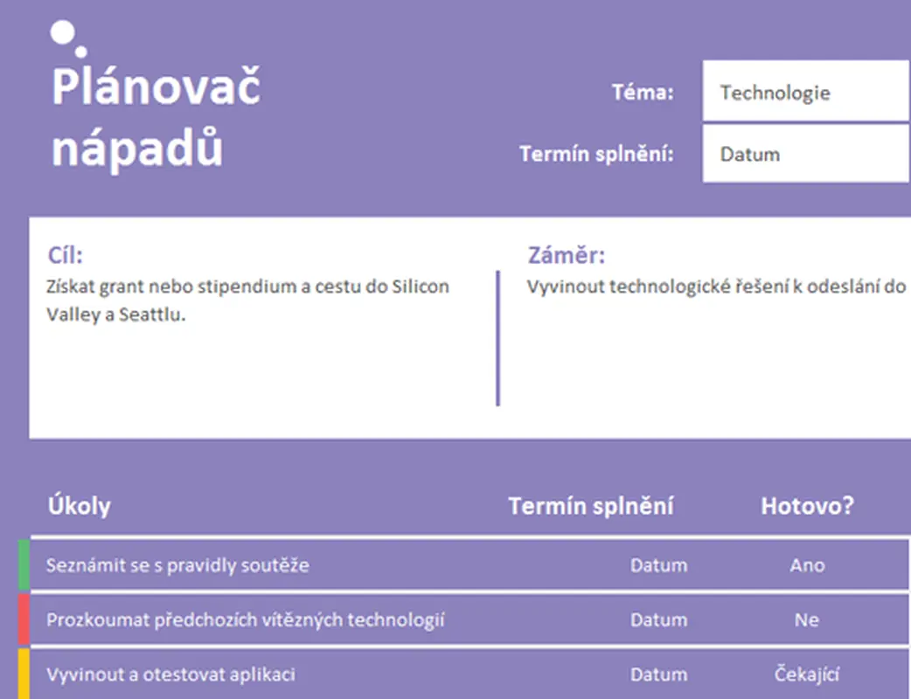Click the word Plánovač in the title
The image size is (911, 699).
[156, 87]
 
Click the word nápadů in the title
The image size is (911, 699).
[136, 149]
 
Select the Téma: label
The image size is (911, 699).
[643, 93]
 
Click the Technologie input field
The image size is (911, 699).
[804, 93]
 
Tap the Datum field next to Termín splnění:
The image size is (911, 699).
[804, 155]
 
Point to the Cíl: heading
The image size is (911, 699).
[65, 256]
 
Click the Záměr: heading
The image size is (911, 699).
[566, 256]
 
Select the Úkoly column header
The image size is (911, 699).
[79, 506]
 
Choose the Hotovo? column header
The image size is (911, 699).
[807, 506]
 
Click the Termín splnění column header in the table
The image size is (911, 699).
[591, 506]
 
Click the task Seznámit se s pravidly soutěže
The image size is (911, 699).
[177, 565]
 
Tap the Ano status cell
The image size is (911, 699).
[807, 565]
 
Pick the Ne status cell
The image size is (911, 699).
[807, 620]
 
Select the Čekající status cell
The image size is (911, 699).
[807, 675]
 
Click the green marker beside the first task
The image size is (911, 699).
[24, 564]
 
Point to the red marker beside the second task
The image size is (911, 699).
[24, 619]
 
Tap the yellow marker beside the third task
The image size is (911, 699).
[24, 674]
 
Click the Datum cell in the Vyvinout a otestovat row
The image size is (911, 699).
[658, 675]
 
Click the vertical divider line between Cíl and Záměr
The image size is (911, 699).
[497, 338]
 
